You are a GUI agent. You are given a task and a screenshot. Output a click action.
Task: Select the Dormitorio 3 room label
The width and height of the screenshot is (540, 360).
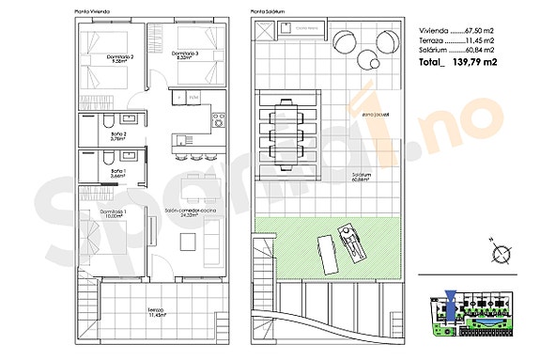(x=185, y=54)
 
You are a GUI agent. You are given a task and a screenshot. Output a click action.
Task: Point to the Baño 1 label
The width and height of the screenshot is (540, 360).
(x=118, y=173)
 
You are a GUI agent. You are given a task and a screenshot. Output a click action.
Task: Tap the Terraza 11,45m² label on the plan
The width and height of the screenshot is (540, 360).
(x=156, y=312)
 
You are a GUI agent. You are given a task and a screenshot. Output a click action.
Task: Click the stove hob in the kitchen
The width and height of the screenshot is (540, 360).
(x=217, y=119)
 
